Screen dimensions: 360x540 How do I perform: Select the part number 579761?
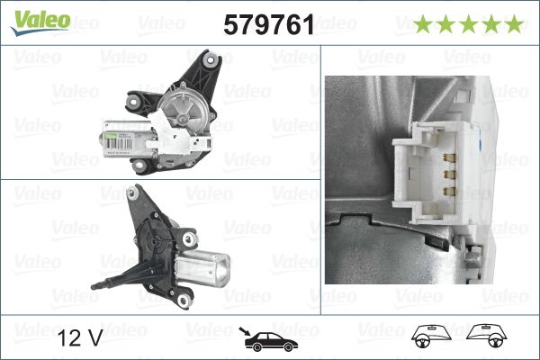click(x=268, y=25)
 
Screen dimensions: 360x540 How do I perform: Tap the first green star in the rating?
click(x=423, y=24)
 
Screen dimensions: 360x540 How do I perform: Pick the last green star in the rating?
click(x=513, y=24)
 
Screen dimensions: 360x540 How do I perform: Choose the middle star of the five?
click(x=468, y=24)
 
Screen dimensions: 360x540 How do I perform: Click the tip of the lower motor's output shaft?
click(x=94, y=287)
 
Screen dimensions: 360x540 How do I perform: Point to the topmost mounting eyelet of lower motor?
click(x=137, y=192)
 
